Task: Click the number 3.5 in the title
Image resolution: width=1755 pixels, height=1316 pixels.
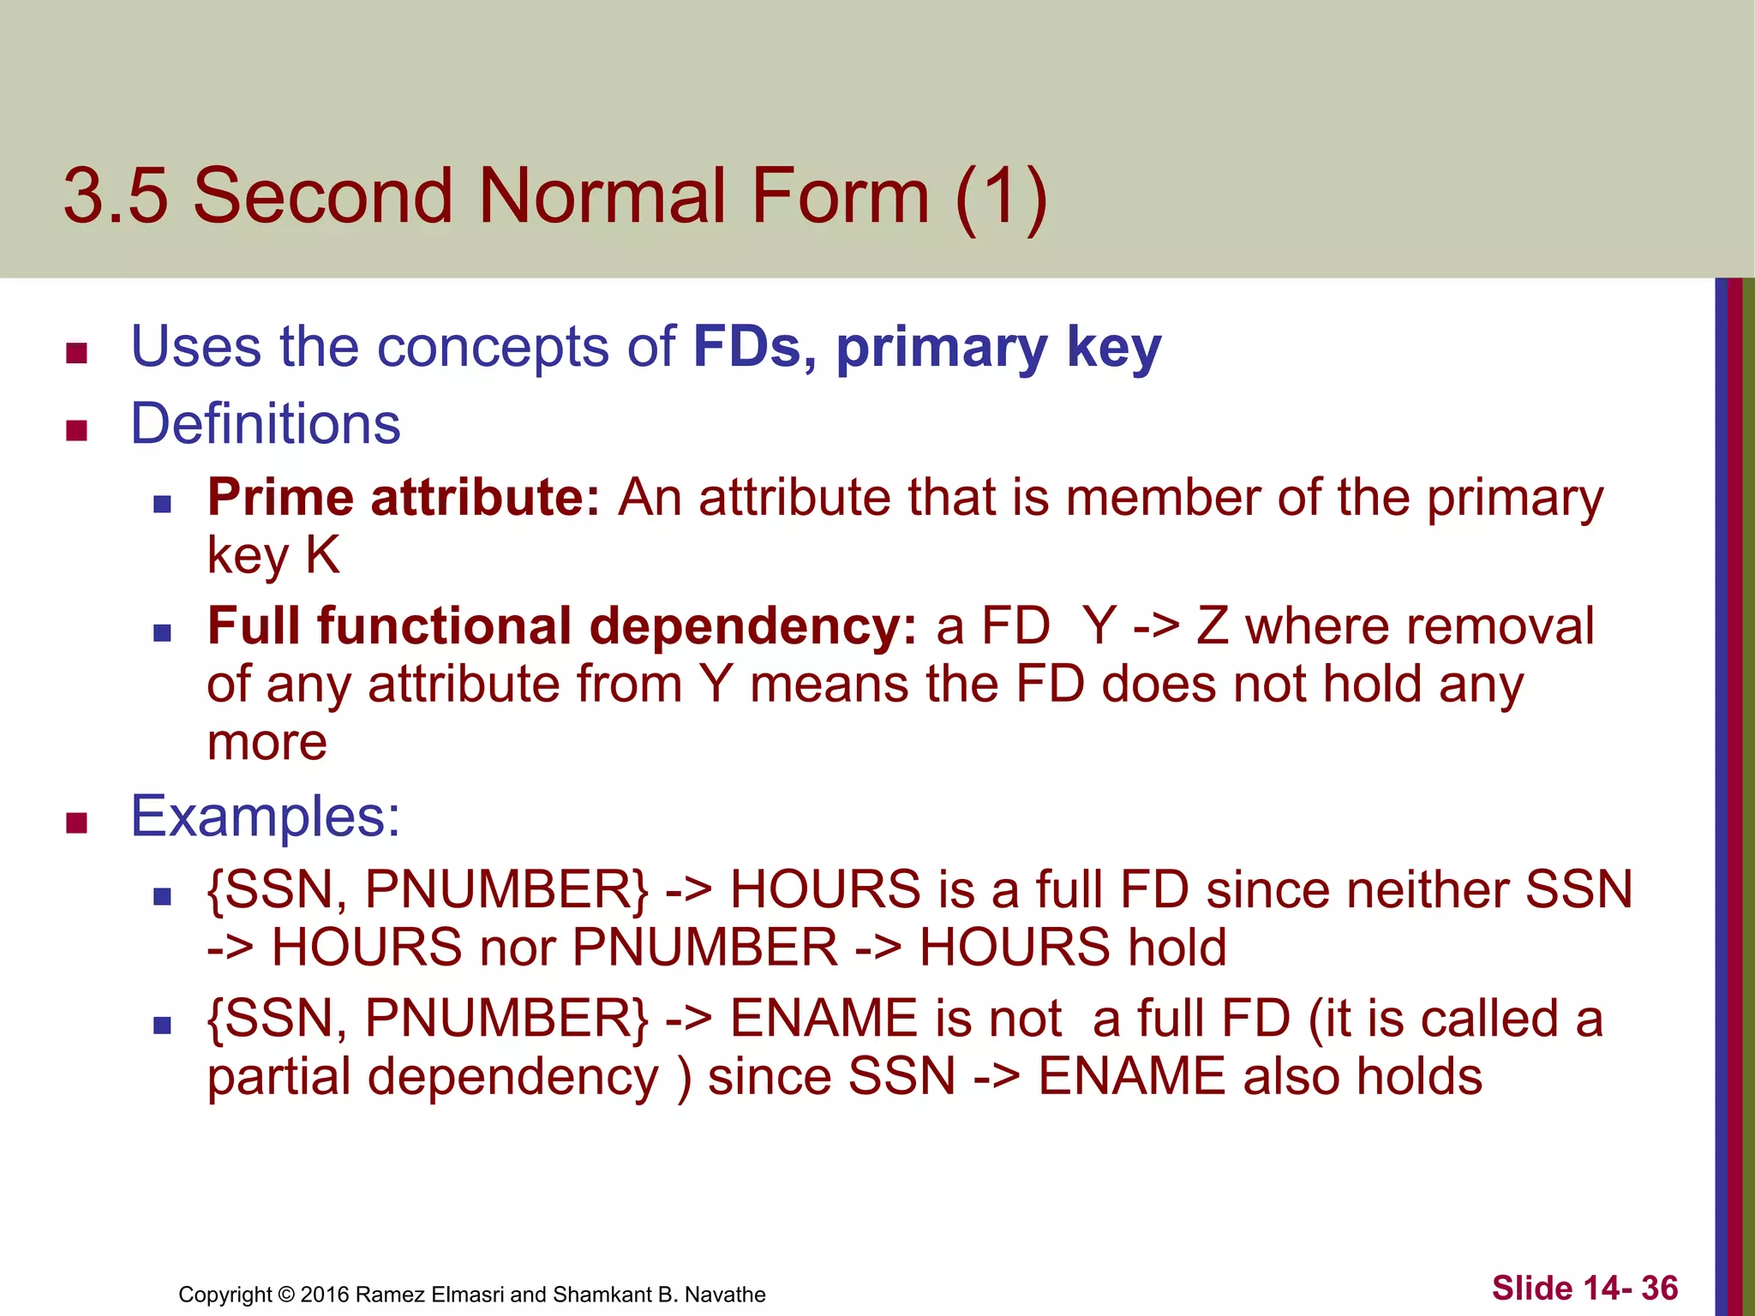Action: click(x=116, y=196)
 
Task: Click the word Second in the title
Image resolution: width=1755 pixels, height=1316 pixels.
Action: click(x=323, y=196)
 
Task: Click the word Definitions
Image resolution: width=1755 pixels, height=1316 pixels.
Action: click(x=265, y=424)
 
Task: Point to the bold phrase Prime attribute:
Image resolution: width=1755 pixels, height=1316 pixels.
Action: click(x=404, y=498)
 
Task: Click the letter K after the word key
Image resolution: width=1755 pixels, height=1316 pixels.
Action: click(x=322, y=555)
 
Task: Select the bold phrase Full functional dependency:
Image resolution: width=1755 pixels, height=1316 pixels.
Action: click(x=562, y=626)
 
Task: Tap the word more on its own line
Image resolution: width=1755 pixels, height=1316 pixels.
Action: click(x=267, y=742)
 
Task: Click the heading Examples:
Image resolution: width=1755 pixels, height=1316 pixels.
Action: click(x=265, y=817)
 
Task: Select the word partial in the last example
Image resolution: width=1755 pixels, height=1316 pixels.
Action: click(x=279, y=1077)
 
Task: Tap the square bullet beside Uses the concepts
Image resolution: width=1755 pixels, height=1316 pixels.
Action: click(x=77, y=352)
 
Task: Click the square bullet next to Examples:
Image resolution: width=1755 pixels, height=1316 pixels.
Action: click(x=77, y=822)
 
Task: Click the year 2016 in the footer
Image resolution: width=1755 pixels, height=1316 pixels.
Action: click(x=324, y=1295)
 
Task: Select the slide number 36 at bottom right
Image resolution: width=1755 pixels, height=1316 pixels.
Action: click(x=1660, y=1289)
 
